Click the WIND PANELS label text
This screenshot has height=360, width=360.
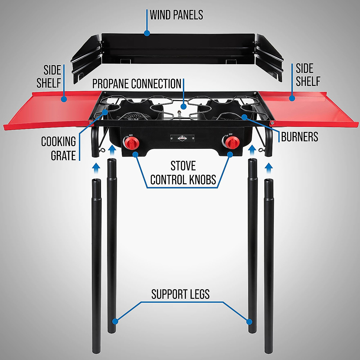[x=176, y=15]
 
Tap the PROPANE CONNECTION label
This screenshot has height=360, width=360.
[x=137, y=84]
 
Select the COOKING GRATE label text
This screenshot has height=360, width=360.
[x=59, y=148]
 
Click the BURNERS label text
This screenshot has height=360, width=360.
[x=299, y=137]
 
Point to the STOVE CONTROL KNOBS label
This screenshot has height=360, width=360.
[x=183, y=173]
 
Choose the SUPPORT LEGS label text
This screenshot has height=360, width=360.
[x=180, y=294]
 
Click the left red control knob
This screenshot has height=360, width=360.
[x=133, y=142]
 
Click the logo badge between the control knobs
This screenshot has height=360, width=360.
[x=182, y=138]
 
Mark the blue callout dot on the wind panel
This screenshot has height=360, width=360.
[x=147, y=33]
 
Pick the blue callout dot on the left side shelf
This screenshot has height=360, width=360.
[x=64, y=99]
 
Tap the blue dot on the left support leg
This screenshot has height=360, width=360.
[x=115, y=321]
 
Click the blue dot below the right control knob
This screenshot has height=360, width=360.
[x=230, y=154]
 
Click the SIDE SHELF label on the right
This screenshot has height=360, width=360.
[x=308, y=75]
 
